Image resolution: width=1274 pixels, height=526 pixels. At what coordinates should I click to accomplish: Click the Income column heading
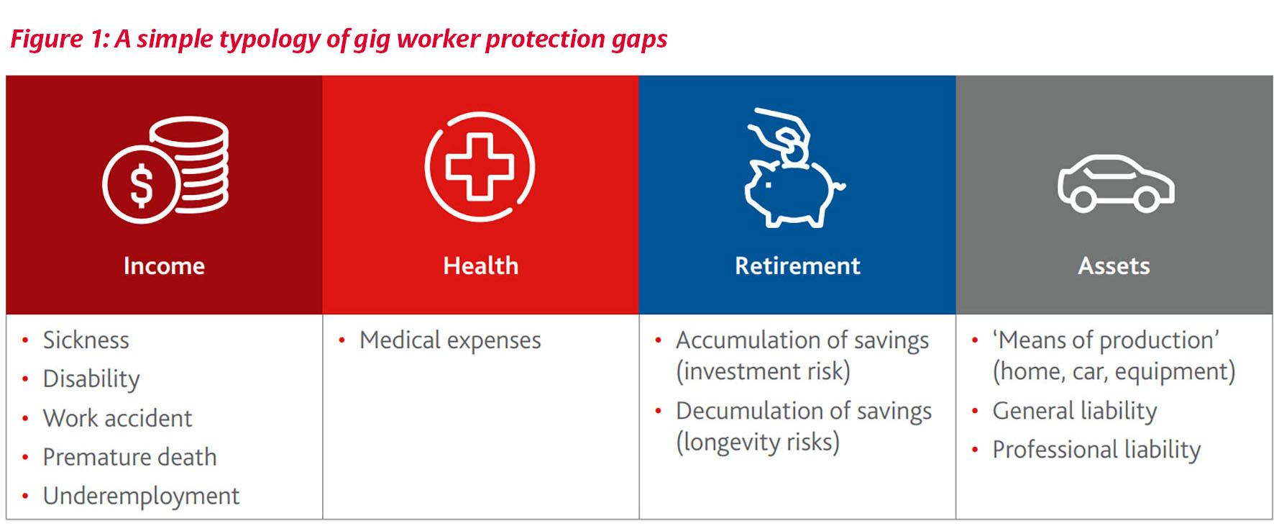tap(164, 266)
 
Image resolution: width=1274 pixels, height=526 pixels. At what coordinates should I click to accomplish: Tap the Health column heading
tap(480, 266)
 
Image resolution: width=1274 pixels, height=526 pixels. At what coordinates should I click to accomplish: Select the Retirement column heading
tap(797, 266)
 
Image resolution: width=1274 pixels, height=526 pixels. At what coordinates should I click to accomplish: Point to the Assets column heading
tap(1114, 266)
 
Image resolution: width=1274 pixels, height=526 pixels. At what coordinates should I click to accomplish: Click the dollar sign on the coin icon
tap(141, 185)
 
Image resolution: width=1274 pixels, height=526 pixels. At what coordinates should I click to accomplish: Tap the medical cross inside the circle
tap(480, 167)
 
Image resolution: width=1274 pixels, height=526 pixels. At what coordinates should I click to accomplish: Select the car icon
tap(1115, 183)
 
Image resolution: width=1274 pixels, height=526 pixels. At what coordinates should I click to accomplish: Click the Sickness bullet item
tap(86, 340)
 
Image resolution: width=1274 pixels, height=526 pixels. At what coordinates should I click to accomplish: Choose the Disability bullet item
tap(91, 378)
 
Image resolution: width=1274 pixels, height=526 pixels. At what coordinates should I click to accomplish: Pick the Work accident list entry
tap(117, 418)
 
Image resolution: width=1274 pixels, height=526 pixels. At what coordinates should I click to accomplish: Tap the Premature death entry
tap(129, 457)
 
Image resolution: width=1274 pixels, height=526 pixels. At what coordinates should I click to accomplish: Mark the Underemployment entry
tap(141, 496)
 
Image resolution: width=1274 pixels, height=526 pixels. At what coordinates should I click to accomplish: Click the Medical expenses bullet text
tap(450, 340)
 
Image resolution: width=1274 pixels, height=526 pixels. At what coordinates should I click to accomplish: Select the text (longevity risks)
tap(757, 442)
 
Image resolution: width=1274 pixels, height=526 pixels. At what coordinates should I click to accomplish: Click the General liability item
tap(1074, 411)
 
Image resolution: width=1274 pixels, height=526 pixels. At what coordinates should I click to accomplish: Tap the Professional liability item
tap(1096, 450)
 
